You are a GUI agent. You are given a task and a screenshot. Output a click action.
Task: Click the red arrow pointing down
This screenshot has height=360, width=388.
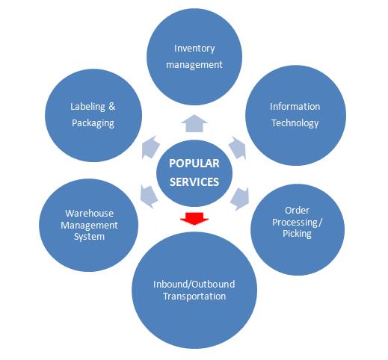click(194, 219)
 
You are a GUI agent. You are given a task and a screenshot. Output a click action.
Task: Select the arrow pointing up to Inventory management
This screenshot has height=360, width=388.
click(194, 123)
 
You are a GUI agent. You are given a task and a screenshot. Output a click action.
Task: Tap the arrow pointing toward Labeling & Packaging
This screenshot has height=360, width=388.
click(150, 147)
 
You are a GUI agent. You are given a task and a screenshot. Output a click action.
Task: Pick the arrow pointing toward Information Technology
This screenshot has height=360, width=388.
click(238, 148)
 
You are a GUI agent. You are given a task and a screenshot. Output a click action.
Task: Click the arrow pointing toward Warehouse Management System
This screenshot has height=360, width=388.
click(149, 196)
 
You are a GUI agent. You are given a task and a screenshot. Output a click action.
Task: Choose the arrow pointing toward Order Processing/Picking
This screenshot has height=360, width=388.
click(240, 199)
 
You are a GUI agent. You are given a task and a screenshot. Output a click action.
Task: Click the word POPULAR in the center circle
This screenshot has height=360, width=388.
click(194, 164)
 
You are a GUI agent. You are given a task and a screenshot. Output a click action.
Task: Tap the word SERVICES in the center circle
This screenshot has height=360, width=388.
click(194, 182)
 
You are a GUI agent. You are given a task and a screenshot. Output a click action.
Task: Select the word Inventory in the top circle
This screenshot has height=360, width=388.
click(194, 49)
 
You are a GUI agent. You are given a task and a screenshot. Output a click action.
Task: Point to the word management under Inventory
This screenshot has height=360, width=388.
click(194, 65)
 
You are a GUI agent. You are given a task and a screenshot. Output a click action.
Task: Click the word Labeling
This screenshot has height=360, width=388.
click(87, 107)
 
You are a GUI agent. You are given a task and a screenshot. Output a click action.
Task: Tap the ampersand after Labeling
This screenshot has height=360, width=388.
click(112, 106)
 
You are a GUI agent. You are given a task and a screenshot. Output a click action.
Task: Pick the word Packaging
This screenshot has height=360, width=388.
click(93, 123)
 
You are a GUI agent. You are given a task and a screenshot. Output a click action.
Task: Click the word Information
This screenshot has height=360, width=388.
click(295, 107)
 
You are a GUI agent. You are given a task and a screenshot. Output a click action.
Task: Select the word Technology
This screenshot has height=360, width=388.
click(295, 123)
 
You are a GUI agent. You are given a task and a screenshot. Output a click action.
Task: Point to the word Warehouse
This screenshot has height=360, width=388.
click(90, 214)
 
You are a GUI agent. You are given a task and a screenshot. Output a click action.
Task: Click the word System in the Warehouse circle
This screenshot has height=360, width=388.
click(89, 237)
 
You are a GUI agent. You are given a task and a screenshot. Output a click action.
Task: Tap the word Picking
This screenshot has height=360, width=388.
click(297, 234)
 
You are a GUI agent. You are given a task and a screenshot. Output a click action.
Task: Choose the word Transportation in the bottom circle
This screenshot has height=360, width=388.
click(194, 297)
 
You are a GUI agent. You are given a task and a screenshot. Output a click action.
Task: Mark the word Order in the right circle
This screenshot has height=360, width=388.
click(297, 211)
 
